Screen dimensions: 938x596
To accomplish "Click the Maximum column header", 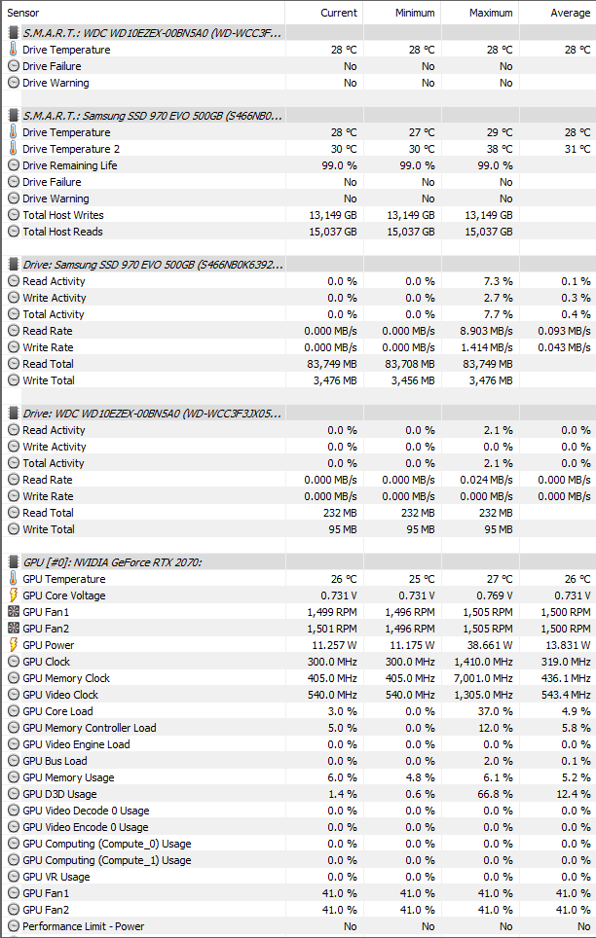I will (x=490, y=13).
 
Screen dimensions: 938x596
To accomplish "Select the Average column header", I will (x=570, y=13).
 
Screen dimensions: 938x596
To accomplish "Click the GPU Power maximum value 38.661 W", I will (x=485, y=645).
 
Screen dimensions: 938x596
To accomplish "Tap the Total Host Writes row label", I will (x=62, y=215).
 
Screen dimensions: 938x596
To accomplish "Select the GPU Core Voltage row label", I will (x=64, y=595).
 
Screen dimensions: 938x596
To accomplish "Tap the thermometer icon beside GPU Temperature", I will (x=13, y=579).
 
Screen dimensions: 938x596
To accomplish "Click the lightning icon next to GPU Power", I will (x=13, y=645).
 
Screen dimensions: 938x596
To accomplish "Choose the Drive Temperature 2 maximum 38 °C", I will (x=499, y=149).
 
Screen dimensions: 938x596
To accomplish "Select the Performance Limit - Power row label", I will (x=83, y=926).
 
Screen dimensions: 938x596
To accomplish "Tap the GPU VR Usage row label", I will (x=56, y=877).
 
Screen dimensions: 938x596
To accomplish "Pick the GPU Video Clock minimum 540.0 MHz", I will (x=406, y=695).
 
